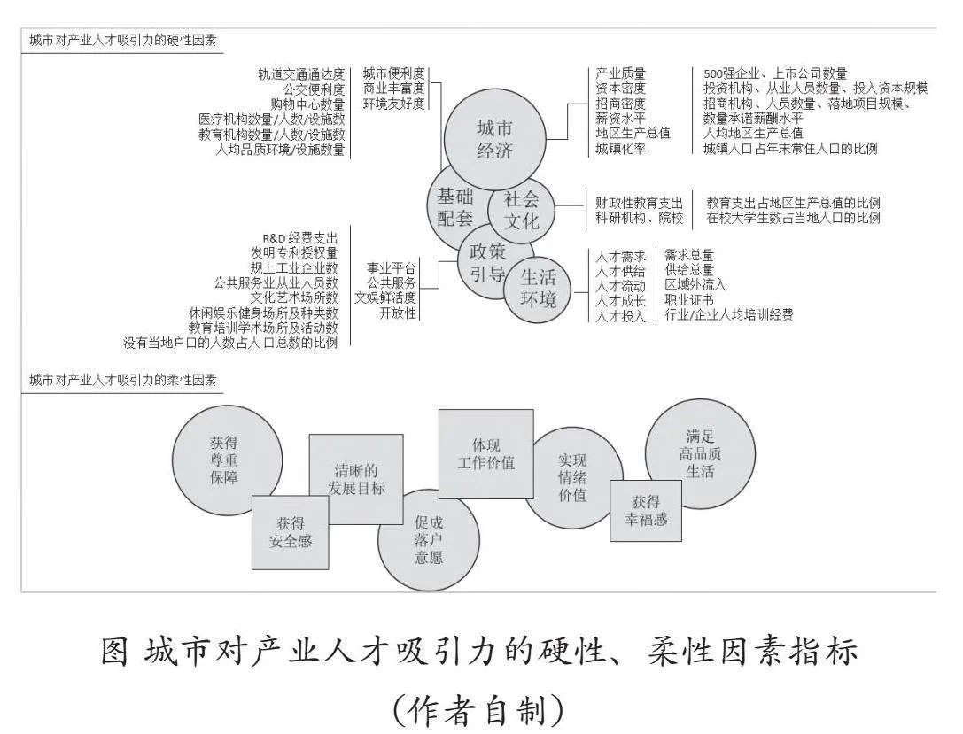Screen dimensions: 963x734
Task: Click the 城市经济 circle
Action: (x=494, y=139)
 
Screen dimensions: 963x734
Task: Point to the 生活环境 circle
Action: (x=538, y=290)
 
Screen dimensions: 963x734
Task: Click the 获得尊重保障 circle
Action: (x=227, y=460)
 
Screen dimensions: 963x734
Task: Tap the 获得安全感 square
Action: (x=290, y=532)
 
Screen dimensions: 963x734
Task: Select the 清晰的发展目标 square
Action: (x=355, y=479)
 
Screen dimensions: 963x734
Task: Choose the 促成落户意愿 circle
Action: (x=428, y=540)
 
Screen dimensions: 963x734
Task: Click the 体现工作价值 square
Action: (x=485, y=453)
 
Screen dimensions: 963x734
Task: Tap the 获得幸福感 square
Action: (x=646, y=511)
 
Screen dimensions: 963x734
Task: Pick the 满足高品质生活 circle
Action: (x=700, y=453)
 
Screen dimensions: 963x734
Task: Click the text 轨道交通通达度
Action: (x=301, y=74)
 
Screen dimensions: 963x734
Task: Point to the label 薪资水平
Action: (x=620, y=119)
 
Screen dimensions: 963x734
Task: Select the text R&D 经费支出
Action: (x=299, y=237)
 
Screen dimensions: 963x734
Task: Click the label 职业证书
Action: (x=689, y=300)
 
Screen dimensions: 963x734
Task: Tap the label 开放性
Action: (x=398, y=313)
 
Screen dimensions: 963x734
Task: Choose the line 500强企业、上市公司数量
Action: (x=775, y=73)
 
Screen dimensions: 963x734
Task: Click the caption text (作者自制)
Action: (x=478, y=710)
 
